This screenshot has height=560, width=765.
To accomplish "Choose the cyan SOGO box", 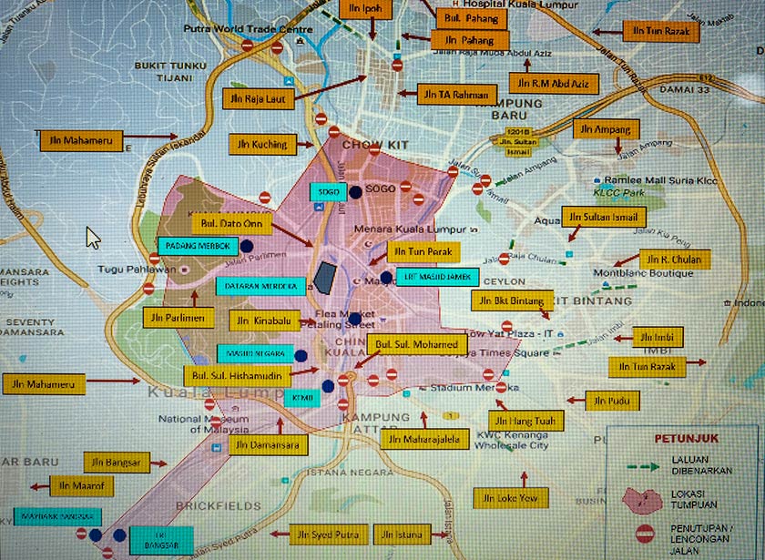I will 329,192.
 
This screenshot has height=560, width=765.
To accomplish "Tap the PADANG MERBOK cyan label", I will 199,246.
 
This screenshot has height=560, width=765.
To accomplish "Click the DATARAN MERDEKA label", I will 260,286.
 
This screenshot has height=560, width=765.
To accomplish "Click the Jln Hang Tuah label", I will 526,420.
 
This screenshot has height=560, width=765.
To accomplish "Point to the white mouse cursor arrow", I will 92,237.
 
